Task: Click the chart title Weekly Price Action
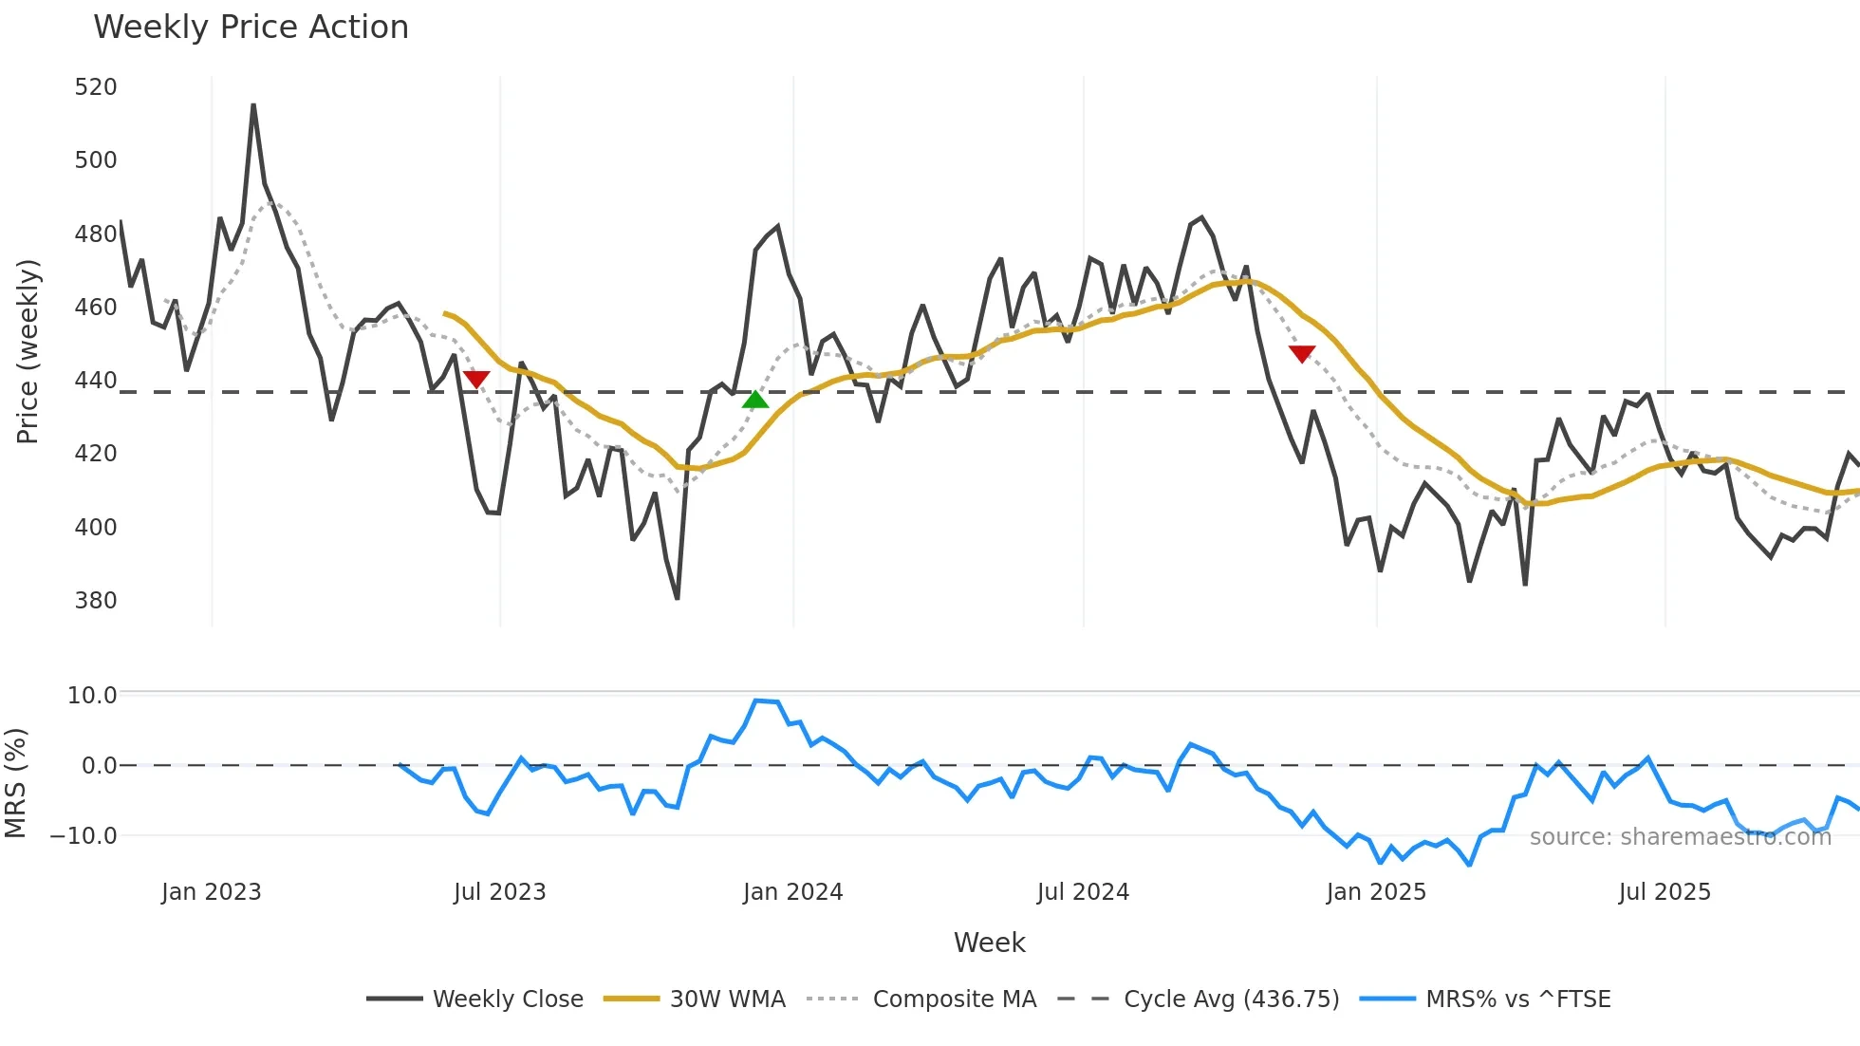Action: coord(251,28)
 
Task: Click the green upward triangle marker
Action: coord(755,400)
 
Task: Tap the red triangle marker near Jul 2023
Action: coord(476,380)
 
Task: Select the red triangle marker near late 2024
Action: coord(1302,354)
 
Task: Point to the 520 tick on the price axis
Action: coord(96,87)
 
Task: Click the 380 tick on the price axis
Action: coord(96,601)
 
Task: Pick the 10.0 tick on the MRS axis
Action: coord(92,696)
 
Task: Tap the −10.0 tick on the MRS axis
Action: coord(84,836)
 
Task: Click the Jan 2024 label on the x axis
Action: coord(793,892)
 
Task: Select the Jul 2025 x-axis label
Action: coord(1665,892)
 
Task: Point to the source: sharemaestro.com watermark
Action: coord(1681,837)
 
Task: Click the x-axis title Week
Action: coord(989,943)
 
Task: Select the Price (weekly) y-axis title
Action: coord(28,351)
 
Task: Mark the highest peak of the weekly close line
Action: coord(253,105)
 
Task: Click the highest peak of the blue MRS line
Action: coord(756,700)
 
